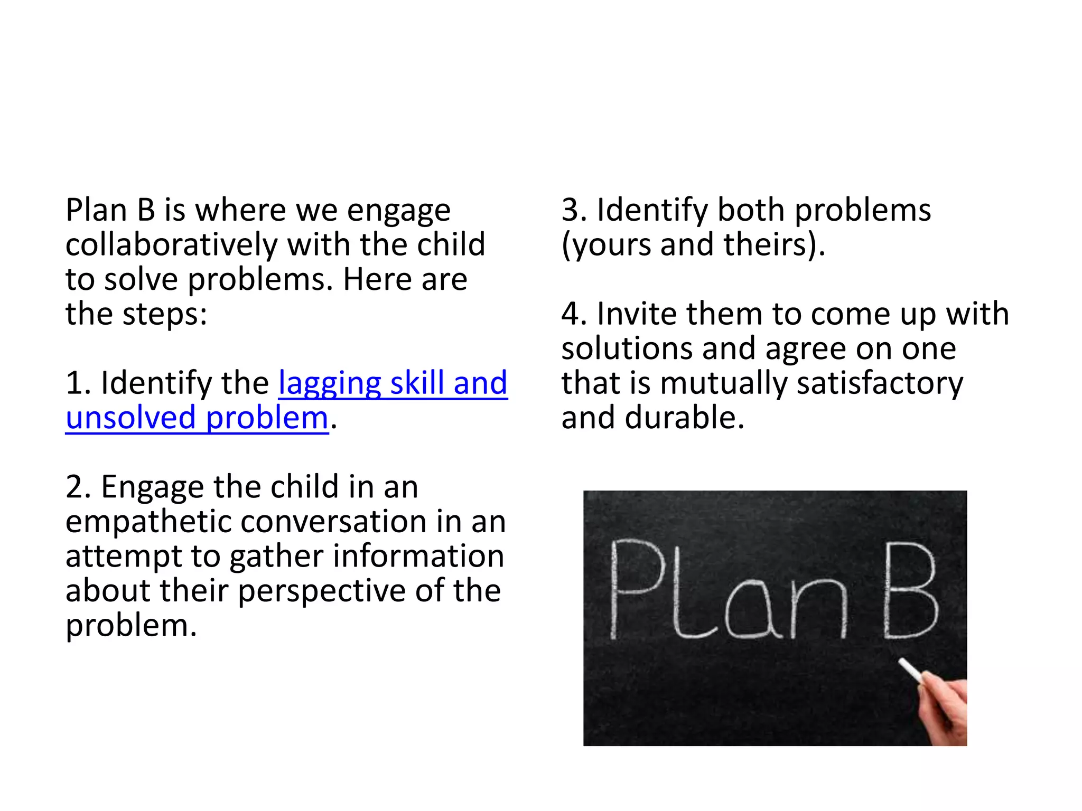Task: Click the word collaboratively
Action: (x=172, y=245)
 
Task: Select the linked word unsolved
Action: (x=130, y=418)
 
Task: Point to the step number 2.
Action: (x=76, y=487)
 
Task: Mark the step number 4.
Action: (x=571, y=314)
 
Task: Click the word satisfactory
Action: (x=880, y=383)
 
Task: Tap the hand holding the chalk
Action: (x=946, y=710)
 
